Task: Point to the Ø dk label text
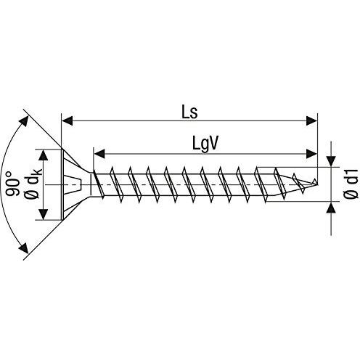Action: (30, 185)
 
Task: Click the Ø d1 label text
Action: (349, 185)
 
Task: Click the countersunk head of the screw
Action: (76, 184)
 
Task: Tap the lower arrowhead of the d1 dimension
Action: (332, 208)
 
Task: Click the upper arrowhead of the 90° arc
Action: (28, 118)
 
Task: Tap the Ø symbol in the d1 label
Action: (349, 196)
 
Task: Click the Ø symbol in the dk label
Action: (30, 196)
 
